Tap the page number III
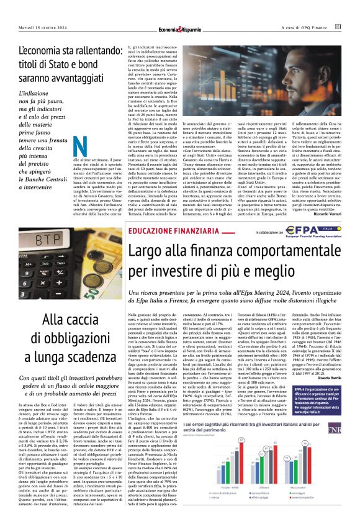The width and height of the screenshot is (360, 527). click(337, 27)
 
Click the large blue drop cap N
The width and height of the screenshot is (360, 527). click(79, 147)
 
